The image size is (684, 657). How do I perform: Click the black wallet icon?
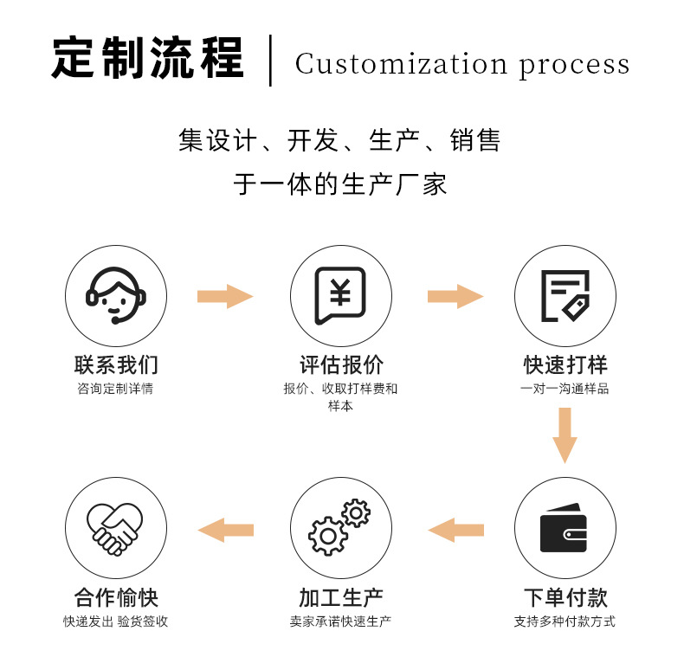(x=564, y=528)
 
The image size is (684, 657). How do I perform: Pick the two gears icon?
(x=340, y=528)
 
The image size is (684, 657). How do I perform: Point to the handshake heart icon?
(x=116, y=528)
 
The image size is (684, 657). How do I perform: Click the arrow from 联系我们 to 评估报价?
(x=225, y=297)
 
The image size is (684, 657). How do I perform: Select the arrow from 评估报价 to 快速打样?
(x=455, y=297)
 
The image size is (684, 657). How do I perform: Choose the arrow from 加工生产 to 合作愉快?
(x=225, y=530)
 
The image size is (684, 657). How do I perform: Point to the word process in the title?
(x=574, y=67)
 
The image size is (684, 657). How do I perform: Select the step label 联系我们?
(x=116, y=364)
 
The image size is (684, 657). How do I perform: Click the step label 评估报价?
(x=340, y=364)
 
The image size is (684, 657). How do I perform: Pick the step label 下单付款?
(x=565, y=597)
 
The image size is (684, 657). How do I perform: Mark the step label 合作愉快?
(x=116, y=597)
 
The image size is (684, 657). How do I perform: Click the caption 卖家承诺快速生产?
(x=340, y=622)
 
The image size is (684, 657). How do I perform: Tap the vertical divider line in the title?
(x=271, y=61)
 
